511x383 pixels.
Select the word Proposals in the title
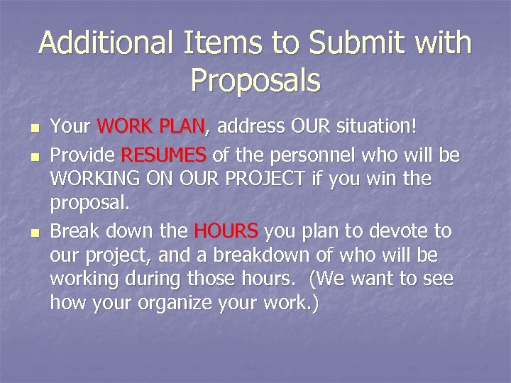pos(255,81)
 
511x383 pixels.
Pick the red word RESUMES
pos(164,155)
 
